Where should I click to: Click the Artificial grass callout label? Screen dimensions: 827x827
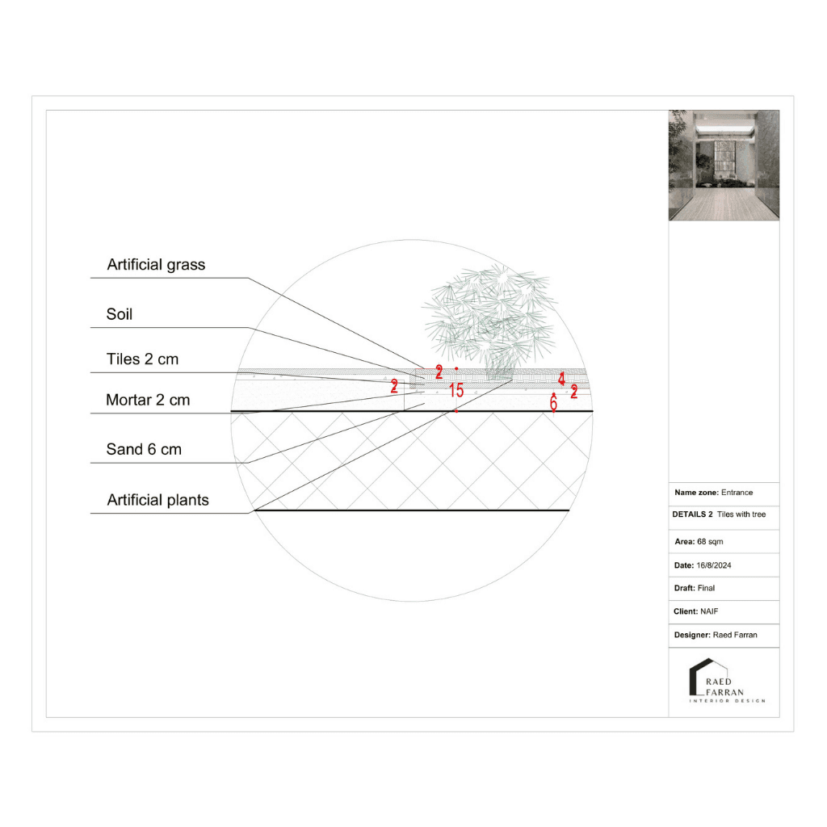(x=156, y=265)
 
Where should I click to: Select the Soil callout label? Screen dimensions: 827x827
(x=120, y=314)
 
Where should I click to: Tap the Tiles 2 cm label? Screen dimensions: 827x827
(x=142, y=359)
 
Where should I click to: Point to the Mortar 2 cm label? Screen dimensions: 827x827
(x=148, y=400)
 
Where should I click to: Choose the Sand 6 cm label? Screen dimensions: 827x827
(x=144, y=450)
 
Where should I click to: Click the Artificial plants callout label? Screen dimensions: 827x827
(x=157, y=500)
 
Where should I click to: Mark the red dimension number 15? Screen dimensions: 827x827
(x=456, y=391)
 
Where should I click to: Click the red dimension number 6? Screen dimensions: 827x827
(x=553, y=404)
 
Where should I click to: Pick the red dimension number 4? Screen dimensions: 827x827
(x=561, y=378)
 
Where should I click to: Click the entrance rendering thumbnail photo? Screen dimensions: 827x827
(x=724, y=166)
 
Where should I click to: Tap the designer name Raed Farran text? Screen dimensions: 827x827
(x=735, y=636)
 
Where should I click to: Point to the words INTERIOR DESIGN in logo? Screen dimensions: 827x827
(x=728, y=701)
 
